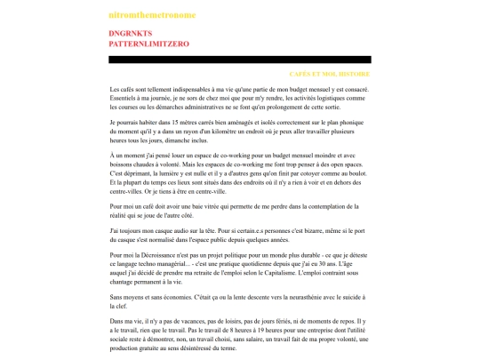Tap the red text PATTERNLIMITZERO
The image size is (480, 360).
(x=148, y=43)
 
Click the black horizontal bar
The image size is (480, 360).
(x=239, y=60)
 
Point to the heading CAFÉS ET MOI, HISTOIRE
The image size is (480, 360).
(x=329, y=74)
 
